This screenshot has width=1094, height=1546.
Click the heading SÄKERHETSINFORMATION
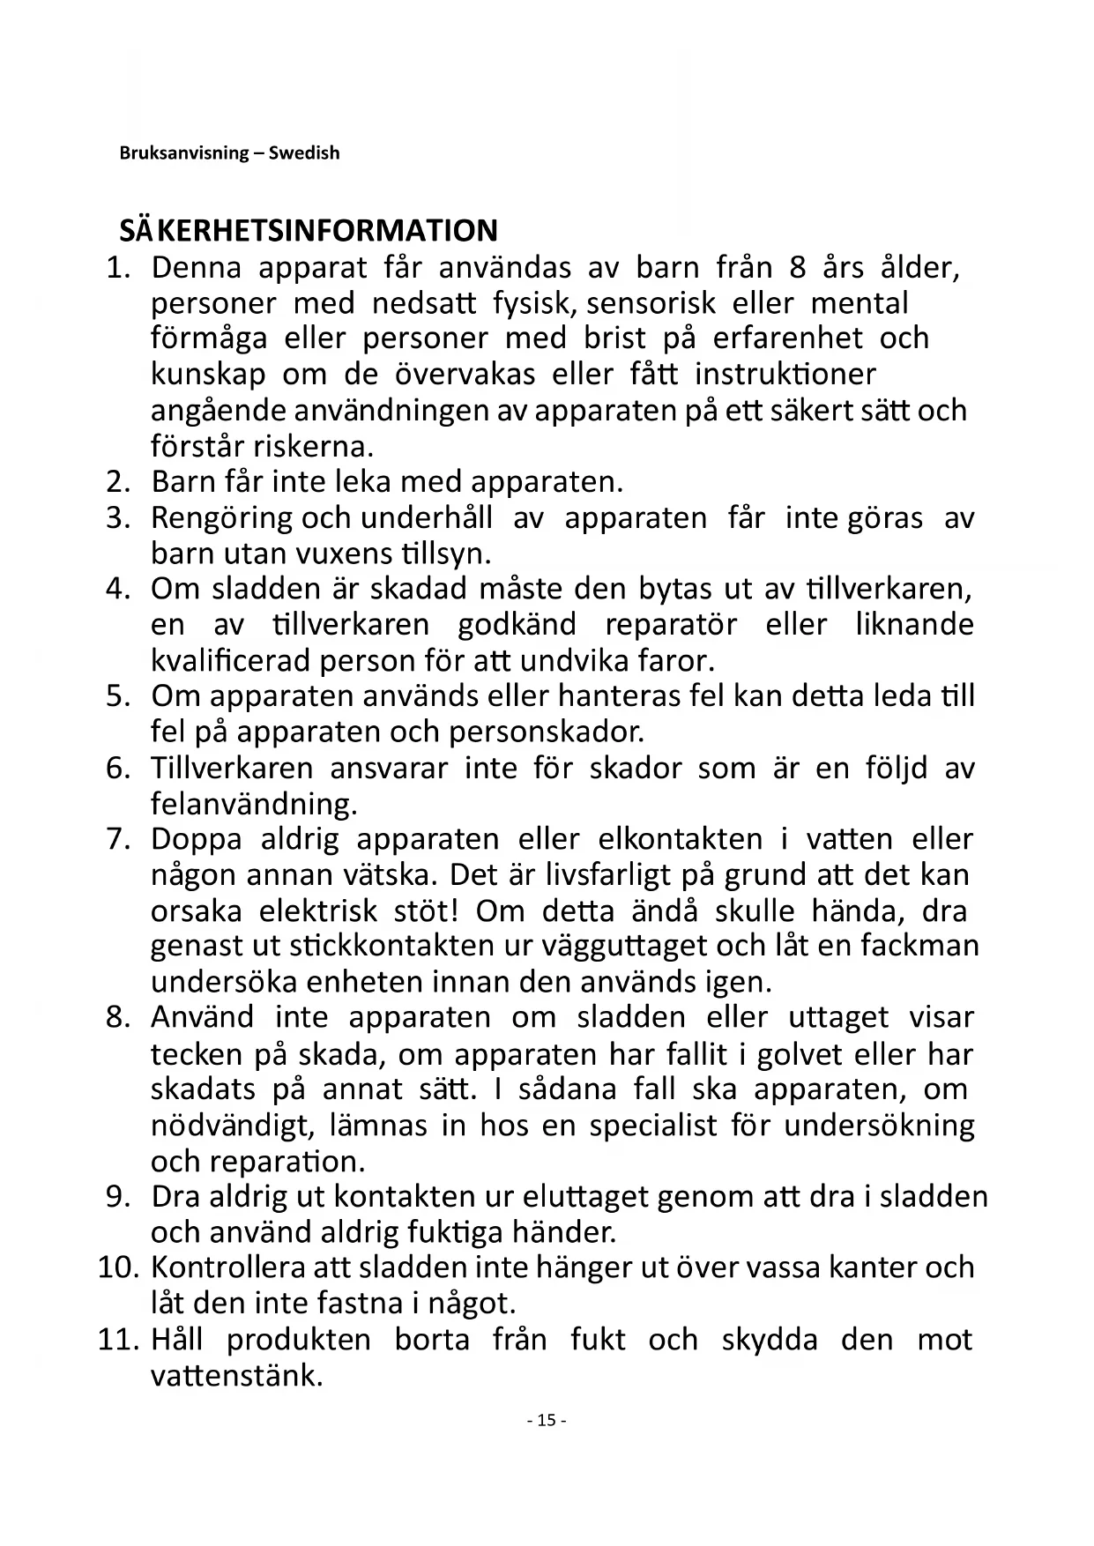pyautogui.click(x=309, y=231)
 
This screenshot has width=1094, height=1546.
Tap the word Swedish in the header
pyautogui.click(x=304, y=153)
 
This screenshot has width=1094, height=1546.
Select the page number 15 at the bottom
pyautogui.click(x=547, y=1420)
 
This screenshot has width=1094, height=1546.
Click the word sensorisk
pyautogui.click(x=651, y=303)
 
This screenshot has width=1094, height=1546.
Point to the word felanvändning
pyautogui.click(x=254, y=804)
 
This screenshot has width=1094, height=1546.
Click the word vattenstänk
pyautogui.click(x=236, y=1375)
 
